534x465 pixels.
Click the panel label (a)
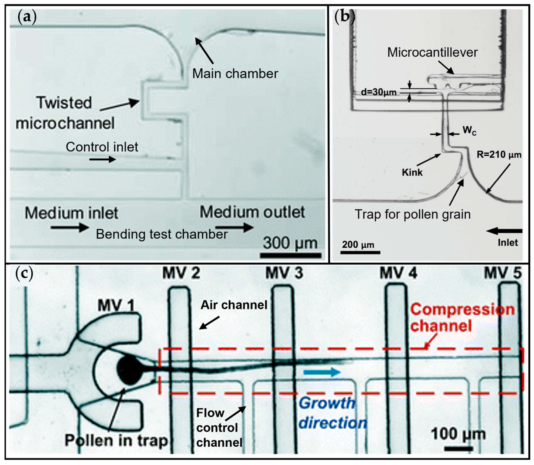(x=27, y=17)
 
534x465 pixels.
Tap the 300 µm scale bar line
(x=291, y=255)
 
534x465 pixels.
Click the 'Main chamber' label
(x=235, y=74)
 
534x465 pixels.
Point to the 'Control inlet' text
(x=102, y=147)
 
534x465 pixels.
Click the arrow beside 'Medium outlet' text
(x=235, y=227)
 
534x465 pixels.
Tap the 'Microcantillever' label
(x=432, y=52)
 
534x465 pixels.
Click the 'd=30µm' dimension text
(x=379, y=92)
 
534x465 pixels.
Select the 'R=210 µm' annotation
(x=499, y=155)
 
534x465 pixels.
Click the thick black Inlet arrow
(x=504, y=231)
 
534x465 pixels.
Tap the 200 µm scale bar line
(x=360, y=252)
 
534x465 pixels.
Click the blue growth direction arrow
(x=322, y=372)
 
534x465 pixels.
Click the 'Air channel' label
(x=234, y=305)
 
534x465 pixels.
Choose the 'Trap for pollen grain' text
(x=413, y=214)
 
